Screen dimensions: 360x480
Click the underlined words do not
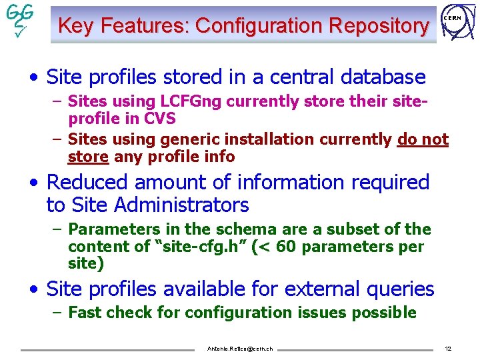(x=423, y=139)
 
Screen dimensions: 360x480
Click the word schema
(x=211, y=229)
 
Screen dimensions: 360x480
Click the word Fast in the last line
(x=85, y=313)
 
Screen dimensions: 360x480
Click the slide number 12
(x=448, y=349)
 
